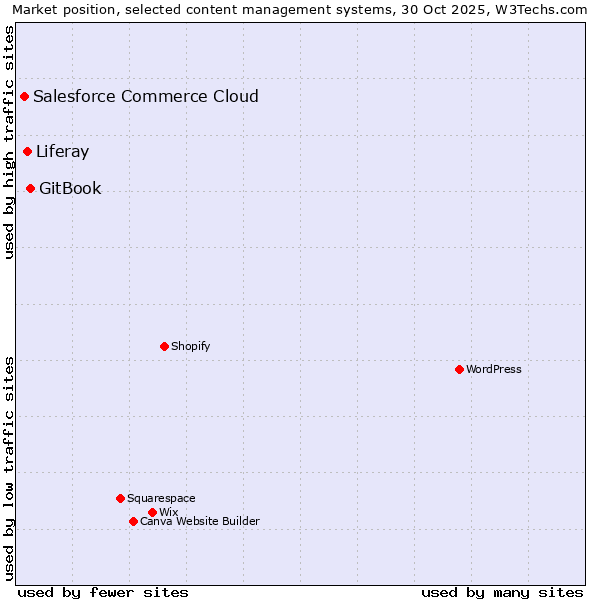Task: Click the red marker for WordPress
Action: point(459,369)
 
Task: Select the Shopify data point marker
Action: point(164,346)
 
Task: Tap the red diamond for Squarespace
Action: point(120,498)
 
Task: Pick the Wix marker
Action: point(152,512)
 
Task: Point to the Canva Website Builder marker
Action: point(133,521)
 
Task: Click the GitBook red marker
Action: point(30,188)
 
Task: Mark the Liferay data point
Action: point(27,152)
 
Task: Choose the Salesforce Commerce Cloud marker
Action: point(24,97)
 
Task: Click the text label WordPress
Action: point(494,369)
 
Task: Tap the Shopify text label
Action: point(190,346)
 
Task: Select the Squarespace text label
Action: point(161,498)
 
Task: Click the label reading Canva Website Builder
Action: point(199,521)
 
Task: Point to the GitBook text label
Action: point(70,188)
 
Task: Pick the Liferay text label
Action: point(62,152)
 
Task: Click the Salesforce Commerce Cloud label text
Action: point(146,97)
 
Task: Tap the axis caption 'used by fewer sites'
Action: point(103,592)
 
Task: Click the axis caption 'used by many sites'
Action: point(502,592)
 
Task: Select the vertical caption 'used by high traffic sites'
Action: point(9,142)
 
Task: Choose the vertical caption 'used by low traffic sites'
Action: point(9,467)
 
